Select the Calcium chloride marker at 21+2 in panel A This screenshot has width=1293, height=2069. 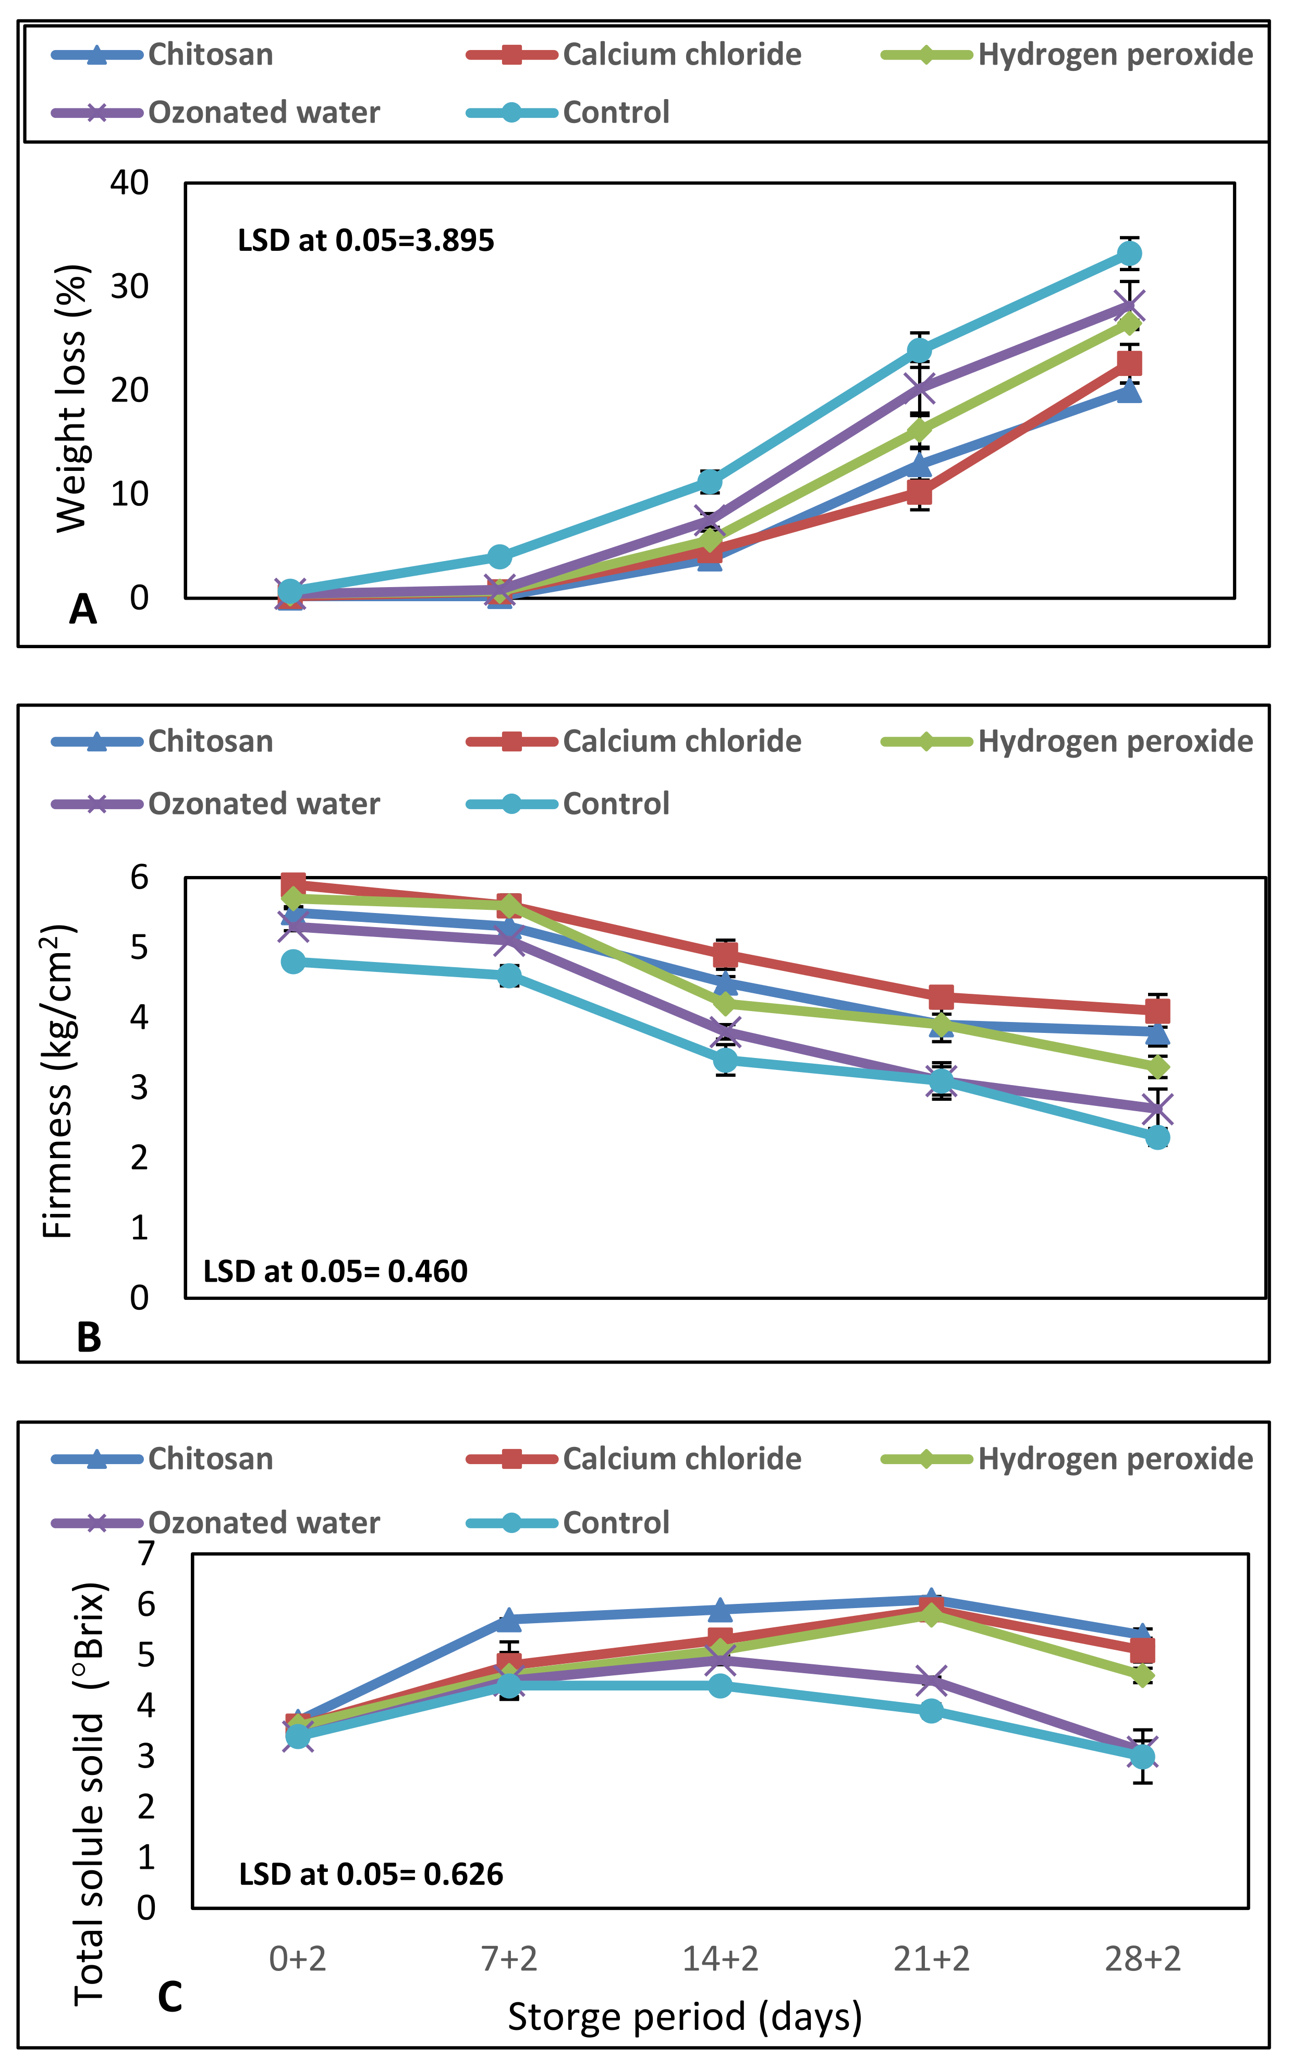click(919, 492)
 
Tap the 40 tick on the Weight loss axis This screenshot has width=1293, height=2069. click(129, 182)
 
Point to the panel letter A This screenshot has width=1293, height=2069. click(83, 610)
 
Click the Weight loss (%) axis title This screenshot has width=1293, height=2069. click(72, 398)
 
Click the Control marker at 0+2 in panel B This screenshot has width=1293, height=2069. click(294, 962)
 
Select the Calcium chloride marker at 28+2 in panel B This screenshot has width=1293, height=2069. click(1157, 1012)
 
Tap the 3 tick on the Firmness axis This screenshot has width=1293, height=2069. click(139, 1088)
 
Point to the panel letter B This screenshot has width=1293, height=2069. click(89, 1337)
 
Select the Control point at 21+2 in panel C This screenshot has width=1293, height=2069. click(931, 1711)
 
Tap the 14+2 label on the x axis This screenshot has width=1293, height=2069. click(720, 1958)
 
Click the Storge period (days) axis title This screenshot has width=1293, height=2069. click(684, 2017)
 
